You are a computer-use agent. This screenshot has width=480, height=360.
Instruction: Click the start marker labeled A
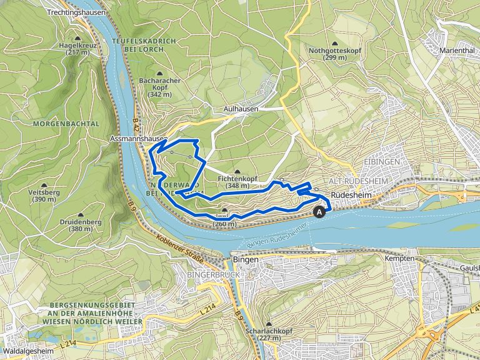tap(321, 212)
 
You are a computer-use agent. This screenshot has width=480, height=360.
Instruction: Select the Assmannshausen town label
tap(138, 137)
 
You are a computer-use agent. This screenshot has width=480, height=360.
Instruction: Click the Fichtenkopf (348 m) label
tap(237, 182)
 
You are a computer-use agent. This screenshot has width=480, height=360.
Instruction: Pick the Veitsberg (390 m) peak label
tap(44, 196)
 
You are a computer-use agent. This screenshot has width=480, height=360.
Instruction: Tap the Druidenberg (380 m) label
tap(77, 225)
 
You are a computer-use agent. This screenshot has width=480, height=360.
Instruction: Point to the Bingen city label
tap(244, 258)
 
